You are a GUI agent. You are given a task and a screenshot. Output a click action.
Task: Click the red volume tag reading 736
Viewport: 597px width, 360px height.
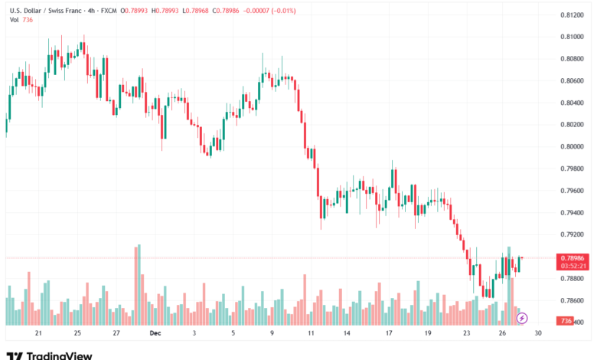click(x=566, y=321)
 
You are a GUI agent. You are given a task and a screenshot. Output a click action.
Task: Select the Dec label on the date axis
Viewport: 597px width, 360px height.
click(x=155, y=333)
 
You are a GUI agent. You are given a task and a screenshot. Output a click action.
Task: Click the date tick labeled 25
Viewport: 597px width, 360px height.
click(x=77, y=333)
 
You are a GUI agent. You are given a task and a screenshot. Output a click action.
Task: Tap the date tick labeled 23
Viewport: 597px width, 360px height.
click(x=467, y=333)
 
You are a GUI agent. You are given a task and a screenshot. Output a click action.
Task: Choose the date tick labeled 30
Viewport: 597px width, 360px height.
click(x=538, y=333)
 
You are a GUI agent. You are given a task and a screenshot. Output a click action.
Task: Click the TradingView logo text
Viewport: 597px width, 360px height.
click(x=60, y=355)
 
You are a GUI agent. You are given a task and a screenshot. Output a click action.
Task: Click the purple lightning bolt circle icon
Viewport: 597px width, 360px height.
click(x=522, y=318)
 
